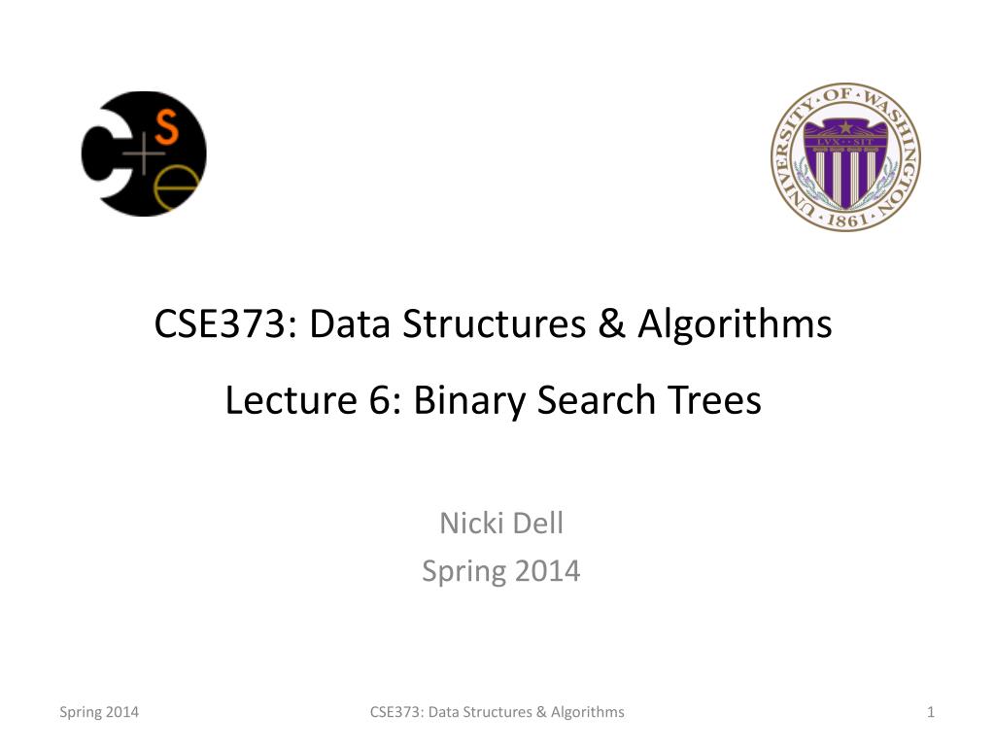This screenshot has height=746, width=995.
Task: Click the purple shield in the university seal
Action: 845,160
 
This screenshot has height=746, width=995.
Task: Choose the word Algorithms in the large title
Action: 735,323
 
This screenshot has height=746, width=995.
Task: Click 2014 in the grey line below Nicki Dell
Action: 546,571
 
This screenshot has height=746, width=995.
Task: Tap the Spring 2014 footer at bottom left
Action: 99,712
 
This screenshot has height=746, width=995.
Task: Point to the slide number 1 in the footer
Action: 931,712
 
